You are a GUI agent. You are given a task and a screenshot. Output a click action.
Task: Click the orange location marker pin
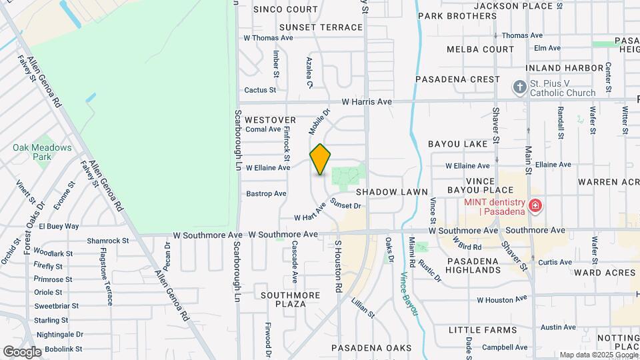[x=321, y=159]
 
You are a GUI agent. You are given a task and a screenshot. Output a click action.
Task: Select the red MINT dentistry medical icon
[x=535, y=206]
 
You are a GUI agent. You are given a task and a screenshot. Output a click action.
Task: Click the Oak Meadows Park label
[x=41, y=152]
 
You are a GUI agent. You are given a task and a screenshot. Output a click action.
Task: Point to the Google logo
[x=21, y=351]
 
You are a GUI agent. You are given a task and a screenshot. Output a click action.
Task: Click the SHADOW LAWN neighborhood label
[x=391, y=191]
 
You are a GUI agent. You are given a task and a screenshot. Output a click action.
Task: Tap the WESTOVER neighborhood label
[x=270, y=119]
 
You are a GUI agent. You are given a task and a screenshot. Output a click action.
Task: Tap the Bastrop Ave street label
[x=266, y=193]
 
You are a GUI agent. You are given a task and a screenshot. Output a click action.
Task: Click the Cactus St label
[x=260, y=89]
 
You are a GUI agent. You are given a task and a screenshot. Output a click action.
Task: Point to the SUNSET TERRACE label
[x=321, y=27]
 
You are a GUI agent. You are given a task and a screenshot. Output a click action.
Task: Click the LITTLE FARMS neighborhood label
[x=483, y=330]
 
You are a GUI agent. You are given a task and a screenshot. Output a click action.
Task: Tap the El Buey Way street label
[x=59, y=226]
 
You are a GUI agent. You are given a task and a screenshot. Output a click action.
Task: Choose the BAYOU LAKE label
[x=458, y=144]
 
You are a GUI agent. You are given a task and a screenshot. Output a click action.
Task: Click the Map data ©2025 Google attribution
[x=598, y=355]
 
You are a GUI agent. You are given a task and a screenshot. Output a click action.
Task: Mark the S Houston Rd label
[x=338, y=266]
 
